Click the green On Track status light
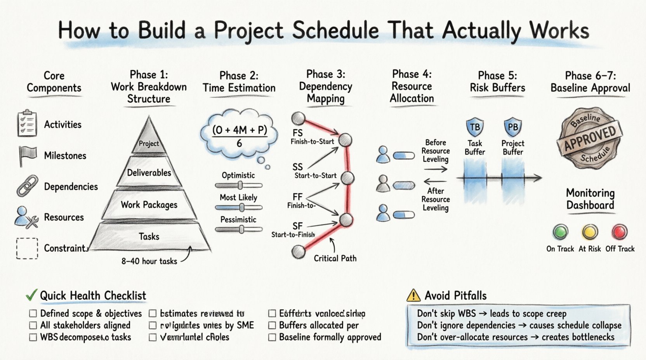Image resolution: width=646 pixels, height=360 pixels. (x=560, y=232)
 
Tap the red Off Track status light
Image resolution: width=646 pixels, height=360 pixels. (x=620, y=232)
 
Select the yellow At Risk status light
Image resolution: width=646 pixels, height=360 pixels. (x=590, y=232)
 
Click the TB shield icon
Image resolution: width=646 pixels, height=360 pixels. (x=474, y=127)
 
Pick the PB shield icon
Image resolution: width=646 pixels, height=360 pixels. (x=512, y=127)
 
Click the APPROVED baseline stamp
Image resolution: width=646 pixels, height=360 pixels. (x=590, y=138)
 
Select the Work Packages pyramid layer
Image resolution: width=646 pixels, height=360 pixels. (x=149, y=204)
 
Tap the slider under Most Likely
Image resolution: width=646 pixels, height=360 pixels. (x=239, y=208)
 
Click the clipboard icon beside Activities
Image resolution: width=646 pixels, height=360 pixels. (x=27, y=123)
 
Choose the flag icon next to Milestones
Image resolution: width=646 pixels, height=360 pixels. (x=27, y=156)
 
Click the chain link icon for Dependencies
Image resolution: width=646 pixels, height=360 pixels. (x=27, y=186)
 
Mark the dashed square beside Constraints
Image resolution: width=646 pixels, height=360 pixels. (x=27, y=248)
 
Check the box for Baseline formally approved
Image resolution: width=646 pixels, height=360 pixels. (x=272, y=337)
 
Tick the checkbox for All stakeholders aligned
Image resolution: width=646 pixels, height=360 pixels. (x=33, y=325)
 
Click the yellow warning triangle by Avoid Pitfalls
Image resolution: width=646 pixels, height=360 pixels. (x=413, y=296)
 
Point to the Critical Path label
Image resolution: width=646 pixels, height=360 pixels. (x=335, y=258)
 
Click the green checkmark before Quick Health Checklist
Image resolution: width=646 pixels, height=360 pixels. (x=31, y=295)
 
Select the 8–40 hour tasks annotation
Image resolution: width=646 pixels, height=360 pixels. (x=149, y=261)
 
